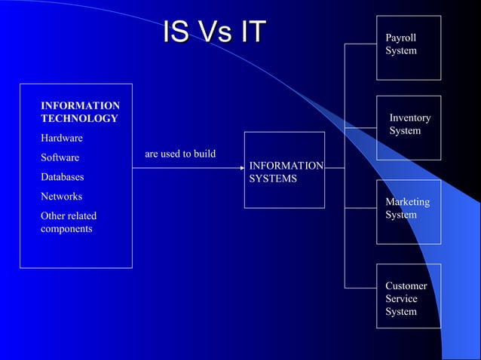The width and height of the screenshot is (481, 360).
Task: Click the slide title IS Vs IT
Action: pos(214,32)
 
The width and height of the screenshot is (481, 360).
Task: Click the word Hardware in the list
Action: pos(62,139)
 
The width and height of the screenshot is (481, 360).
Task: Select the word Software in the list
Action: pos(60,158)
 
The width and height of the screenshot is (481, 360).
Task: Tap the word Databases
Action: pos(63,178)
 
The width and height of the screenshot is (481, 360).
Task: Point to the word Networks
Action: pos(62,197)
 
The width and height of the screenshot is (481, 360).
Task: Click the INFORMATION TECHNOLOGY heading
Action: pos(80,112)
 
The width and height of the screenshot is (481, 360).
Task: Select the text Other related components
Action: pos(69,222)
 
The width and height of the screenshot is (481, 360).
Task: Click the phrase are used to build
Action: pos(180,154)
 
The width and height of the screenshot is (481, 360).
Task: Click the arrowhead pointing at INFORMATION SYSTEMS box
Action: pos(240,168)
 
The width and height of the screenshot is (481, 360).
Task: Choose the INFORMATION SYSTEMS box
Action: pos(284,170)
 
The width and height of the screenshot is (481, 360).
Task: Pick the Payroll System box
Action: pos(409,47)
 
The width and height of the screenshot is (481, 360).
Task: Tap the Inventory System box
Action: pos(409,127)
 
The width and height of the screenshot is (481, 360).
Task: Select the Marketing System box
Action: pos(409,212)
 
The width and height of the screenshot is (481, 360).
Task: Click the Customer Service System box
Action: pos(409,296)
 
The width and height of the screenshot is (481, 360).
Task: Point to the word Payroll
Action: pos(400,38)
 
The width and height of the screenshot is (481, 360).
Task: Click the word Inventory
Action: pos(410,118)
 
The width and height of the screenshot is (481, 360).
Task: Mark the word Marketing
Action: pos(407,202)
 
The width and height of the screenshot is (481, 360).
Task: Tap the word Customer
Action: pos(406,286)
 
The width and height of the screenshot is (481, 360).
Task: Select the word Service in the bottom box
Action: pos(401,299)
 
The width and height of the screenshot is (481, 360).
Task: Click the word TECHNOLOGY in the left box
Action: pos(79,119)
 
